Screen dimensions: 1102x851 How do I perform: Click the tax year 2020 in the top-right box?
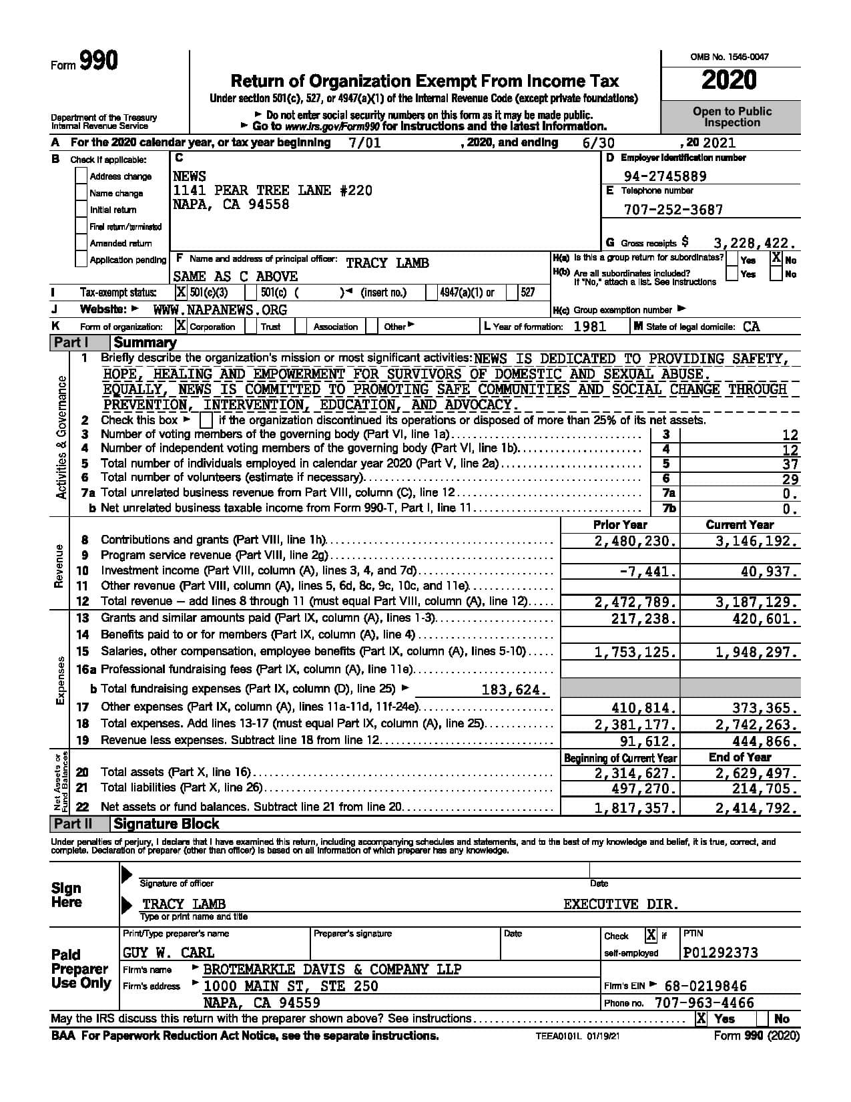(x=730, y=81)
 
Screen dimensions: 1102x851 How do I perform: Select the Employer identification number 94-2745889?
(x=664, y=176)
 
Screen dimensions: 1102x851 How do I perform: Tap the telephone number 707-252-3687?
(x=673, y=210)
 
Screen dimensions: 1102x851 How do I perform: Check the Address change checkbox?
(x=81, y=176)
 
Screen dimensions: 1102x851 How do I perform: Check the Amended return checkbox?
(x=81, y=243)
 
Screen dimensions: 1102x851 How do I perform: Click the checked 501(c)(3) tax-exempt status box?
(x=181, y=293)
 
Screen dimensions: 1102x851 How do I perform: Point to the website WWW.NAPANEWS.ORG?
(x=220, y=310)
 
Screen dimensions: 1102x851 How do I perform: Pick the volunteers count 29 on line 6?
(x=790, y=479)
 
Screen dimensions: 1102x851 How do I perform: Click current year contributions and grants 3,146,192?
(x=756, y=542)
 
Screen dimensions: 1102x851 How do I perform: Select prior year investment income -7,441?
(x=648, y=572)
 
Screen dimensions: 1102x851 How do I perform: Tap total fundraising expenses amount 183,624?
(x=514, y=690)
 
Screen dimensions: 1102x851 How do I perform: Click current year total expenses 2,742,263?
(x=756, y=725)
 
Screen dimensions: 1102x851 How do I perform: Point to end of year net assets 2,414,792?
(x=756, y=808)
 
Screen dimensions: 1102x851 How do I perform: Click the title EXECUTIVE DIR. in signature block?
(x=621, y=904)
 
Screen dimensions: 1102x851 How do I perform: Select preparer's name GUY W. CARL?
(x=169, y=952)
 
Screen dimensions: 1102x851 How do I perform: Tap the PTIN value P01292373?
(x=721, y=952)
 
